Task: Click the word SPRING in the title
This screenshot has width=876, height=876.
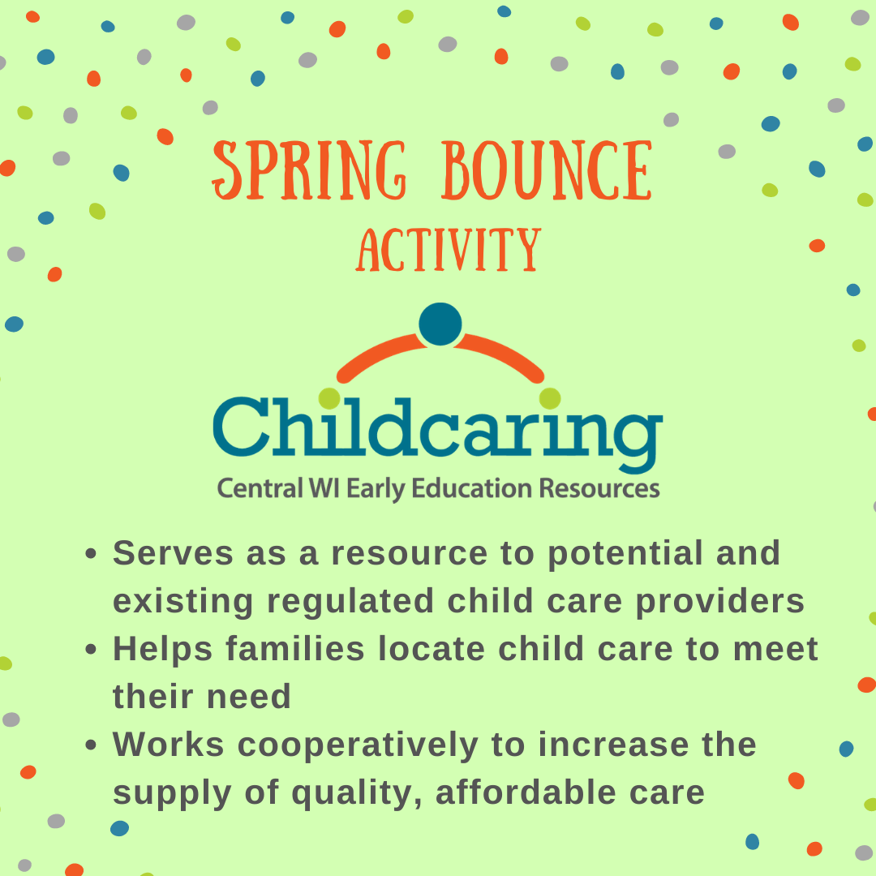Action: [x=309, y=170]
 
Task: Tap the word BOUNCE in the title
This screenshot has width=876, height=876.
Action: [x=547, y=170]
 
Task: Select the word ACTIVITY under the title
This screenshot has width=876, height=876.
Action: [x=449, y=250]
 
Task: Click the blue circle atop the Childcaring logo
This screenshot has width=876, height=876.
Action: [x=440, y=324]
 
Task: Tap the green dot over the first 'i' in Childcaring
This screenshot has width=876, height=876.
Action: [x=329, y=398]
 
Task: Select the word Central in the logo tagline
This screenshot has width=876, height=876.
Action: [x=260, y=488]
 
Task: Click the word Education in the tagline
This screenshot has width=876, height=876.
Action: [x=471, y=488]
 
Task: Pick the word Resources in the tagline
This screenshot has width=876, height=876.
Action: [x=599, y=488]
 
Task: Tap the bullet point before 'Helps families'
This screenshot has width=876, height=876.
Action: [x=91, y=649]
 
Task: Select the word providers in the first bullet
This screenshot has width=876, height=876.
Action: [x=720, y=602]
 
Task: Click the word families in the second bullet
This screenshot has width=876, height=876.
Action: [x=295, y=649]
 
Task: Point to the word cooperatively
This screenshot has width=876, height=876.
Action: [x=359, y=746]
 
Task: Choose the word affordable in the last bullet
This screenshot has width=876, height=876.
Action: [x=526, y=793]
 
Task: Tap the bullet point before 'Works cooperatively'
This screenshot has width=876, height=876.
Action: [x=91, y=745]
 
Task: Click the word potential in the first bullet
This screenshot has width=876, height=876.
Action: [x=625, y=554]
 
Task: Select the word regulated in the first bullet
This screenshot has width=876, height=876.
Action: [x=350, y=602]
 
